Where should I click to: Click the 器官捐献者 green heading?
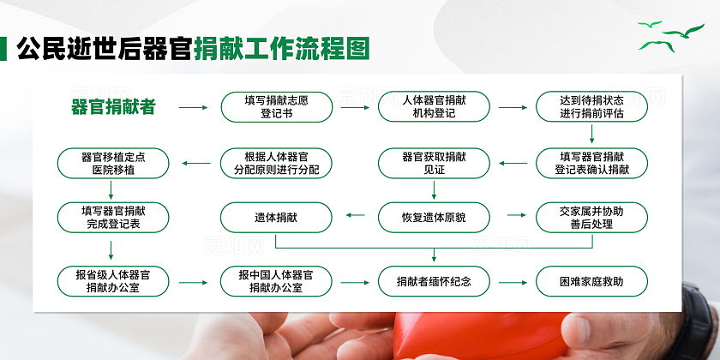pyautogui.click(x=113, y=107)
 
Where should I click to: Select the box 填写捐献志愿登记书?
pyautogui.click(x=276, y=107)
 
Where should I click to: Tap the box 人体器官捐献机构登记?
pyautogui.click(x=434, y=107)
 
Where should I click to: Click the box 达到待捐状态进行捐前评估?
pyautogui.click(x=591, y=107)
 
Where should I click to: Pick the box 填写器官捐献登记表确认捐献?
pyautogui.click(x=591, y=163)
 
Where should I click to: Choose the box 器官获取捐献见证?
pyautogui.click(x=434, y=163)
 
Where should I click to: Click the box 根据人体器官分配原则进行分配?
pyautogui.click(x=276, y=163)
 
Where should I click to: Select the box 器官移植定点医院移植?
pyautogui.click(x=113, y=163)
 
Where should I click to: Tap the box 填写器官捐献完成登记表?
pyautogui.click(x=111, y=217)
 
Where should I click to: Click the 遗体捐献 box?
pyautogui.click(x=276, y=217)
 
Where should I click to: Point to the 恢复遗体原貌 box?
pyautogui.click(x=434, y=217)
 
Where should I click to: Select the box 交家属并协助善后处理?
pyautogui.click(x=591, y=217)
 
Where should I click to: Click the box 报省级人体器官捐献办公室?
pyautogui.click(x=113, y=281)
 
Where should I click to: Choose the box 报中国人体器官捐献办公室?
pyautogui.click(x=276, y=281)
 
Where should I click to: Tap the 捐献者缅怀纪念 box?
pyautogui.click(x=434, y=281)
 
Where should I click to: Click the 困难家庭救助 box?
pyautogui.click(x=591, y=281)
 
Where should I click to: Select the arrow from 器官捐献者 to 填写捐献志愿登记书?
pyautogui.click(x=194, y=108)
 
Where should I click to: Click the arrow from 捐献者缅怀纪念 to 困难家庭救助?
pyautogui.click(x=513, y=281)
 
